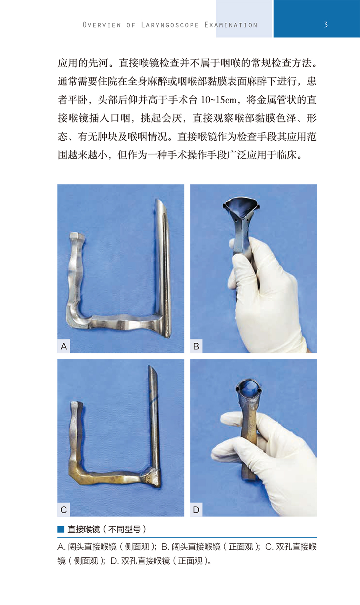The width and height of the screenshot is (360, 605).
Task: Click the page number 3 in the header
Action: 326,24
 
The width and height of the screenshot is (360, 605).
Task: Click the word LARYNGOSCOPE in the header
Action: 170,25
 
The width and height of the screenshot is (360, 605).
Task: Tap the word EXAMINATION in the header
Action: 231,25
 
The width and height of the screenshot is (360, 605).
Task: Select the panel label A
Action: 64,346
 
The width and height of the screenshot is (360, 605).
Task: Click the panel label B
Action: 196,346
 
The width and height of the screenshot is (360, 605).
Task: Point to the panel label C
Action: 64,510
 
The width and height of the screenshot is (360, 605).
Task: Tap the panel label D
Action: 196,510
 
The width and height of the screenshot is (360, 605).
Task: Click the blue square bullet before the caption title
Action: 61,529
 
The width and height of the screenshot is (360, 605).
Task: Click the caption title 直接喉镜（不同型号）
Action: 107,529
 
